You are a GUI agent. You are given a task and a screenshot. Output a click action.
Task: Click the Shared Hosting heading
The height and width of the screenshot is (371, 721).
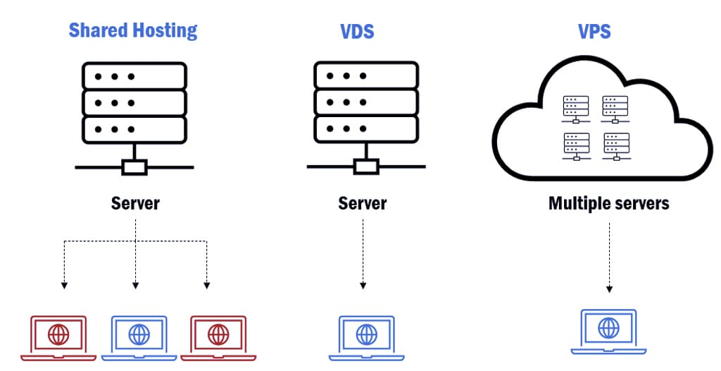tap(133, 30)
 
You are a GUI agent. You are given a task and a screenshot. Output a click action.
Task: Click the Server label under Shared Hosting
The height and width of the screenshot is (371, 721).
tap(135, 204)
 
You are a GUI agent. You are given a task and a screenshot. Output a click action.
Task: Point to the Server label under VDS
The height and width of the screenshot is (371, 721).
tap(363, 204)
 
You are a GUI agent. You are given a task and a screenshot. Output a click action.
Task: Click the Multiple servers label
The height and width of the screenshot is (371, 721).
tap(608, 204)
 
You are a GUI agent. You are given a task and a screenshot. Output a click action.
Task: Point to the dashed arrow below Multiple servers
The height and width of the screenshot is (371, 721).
tap(609, 257)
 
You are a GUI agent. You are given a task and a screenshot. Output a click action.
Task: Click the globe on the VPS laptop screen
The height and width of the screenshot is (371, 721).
tap(608, 327)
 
